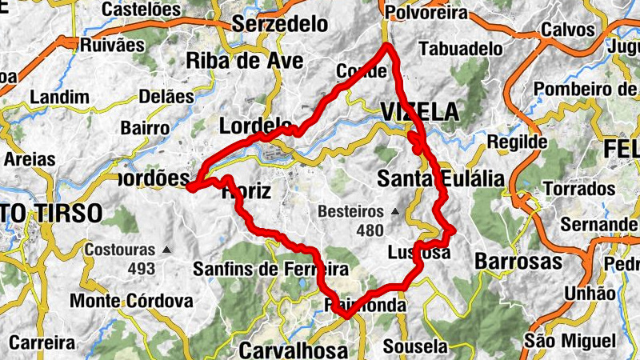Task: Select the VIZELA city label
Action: (x=421, y=112)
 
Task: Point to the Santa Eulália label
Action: (x=441, y=178)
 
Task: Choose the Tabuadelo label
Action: (x=461, y=48)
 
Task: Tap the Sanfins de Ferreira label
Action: (x=270, y=270)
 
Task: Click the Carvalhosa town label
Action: (x=294, y=350)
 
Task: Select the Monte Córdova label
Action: (x=131, y=301)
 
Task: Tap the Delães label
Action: (x=166, y=97)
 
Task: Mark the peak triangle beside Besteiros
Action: (x=394, y=213)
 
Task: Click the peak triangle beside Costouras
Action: (x=166, y=250)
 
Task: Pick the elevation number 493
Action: (x=142, y=269)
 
